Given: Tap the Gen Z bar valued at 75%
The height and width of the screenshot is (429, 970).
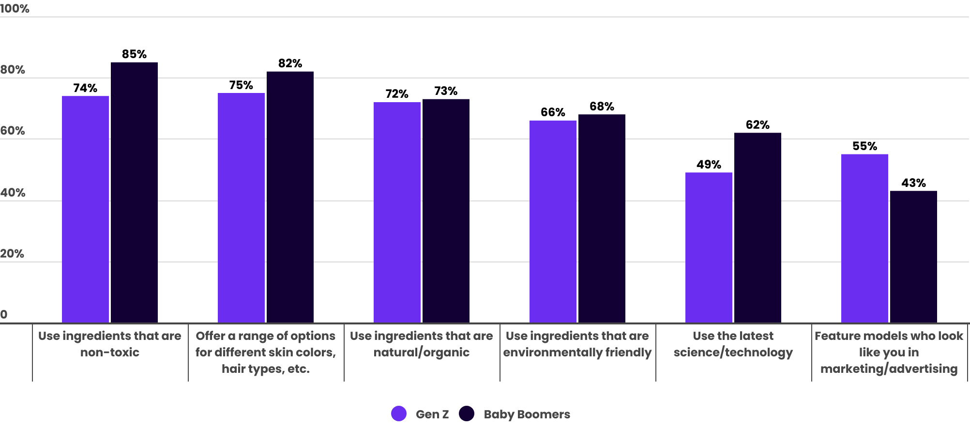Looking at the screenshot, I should (x=241, y=208).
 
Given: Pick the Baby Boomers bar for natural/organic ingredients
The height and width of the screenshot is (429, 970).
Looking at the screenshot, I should (x=446, y=211).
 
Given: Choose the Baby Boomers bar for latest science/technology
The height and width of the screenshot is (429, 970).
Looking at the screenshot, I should (x=758, y=228).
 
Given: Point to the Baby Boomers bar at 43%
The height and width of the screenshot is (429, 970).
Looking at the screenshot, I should (x=913, y=257).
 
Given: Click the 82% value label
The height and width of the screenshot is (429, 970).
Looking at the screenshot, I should (x=290, y=63).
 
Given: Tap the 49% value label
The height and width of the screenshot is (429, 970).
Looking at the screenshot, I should (x=709, y=165).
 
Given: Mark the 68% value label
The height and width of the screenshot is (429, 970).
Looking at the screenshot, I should (x=602, y=107).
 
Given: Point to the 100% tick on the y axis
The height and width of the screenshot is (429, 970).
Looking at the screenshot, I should (x=15, y=9).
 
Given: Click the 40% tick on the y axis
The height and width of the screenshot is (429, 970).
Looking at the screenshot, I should (x=13, y=193).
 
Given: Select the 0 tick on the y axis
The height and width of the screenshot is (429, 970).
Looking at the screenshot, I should (x=4, y=315).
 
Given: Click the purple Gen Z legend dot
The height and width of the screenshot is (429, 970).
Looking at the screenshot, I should (x=399, y=414).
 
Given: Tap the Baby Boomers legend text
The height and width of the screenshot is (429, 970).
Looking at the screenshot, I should (x=527, y=414).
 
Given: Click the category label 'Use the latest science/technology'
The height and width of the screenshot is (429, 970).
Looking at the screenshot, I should (x=733, y=344).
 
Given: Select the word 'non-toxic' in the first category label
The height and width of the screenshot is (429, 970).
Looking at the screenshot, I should (x=110, y=352).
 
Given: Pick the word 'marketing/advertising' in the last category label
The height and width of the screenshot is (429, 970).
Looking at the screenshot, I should (x=889, y=369).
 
